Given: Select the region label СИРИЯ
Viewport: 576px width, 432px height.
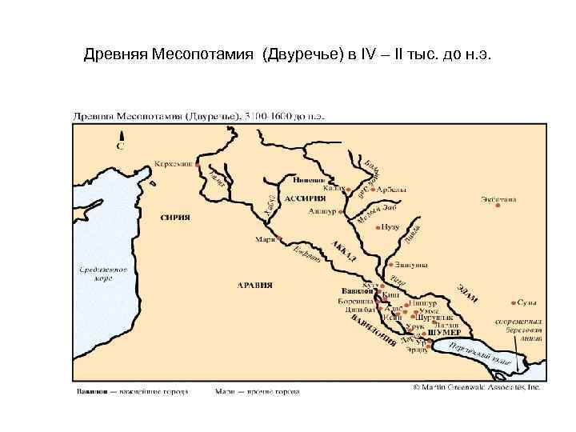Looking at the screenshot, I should [175, 216].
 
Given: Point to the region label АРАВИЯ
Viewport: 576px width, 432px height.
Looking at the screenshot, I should [255, 285].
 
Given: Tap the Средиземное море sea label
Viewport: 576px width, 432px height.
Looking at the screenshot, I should [103, 274].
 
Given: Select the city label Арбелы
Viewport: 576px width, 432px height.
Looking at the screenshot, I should [392, 190].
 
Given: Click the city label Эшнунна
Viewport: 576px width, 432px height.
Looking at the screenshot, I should [412, 265].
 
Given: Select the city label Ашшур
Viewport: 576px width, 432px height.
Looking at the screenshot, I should [324, 212].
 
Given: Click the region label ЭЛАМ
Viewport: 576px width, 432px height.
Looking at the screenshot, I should [468, 292].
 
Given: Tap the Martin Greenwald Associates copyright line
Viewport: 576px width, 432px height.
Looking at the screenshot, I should [477, 386].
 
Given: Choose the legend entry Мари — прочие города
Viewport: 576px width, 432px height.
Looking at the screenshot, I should [256, 393].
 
